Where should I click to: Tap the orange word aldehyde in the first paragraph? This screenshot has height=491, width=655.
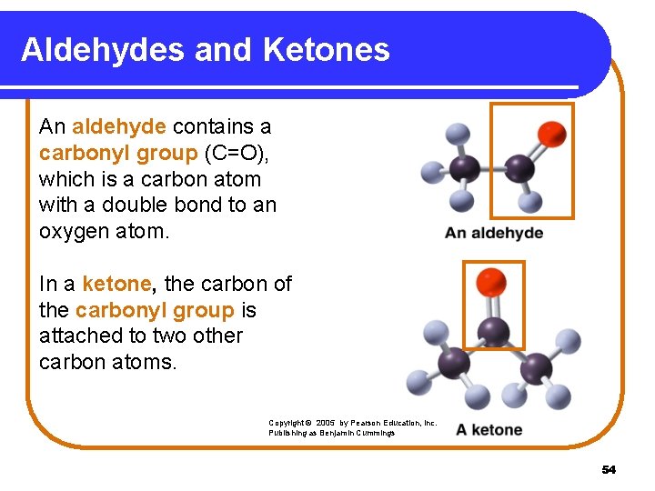pyautogui.click(x=119, y=126)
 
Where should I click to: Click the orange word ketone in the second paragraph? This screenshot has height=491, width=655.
pyautogui.click(x=115, y=284)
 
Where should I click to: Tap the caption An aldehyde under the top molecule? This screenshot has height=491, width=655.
pyautogui.click(x=493, y=233)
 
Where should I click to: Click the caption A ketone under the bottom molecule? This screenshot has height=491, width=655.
pyautogui.click(x=489, y=429)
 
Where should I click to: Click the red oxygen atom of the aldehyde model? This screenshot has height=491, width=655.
pyautogui.click(x=551, y=135)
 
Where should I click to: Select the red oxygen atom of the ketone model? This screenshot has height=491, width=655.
pyautogui.click(x=493, y=281)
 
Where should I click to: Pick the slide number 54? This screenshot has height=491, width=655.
pyautogui.click(x=609, y=469)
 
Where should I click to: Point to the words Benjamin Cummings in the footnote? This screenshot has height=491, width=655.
pyautogui.click(x=363, y=434)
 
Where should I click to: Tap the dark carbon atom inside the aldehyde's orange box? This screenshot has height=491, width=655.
pyautogui.click(x=519, y=167)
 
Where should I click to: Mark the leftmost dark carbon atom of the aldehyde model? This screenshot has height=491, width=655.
pyautogui.click(x=464, y=167)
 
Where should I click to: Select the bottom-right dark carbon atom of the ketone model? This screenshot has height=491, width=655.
pyautogui.click(x=535, y=366)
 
